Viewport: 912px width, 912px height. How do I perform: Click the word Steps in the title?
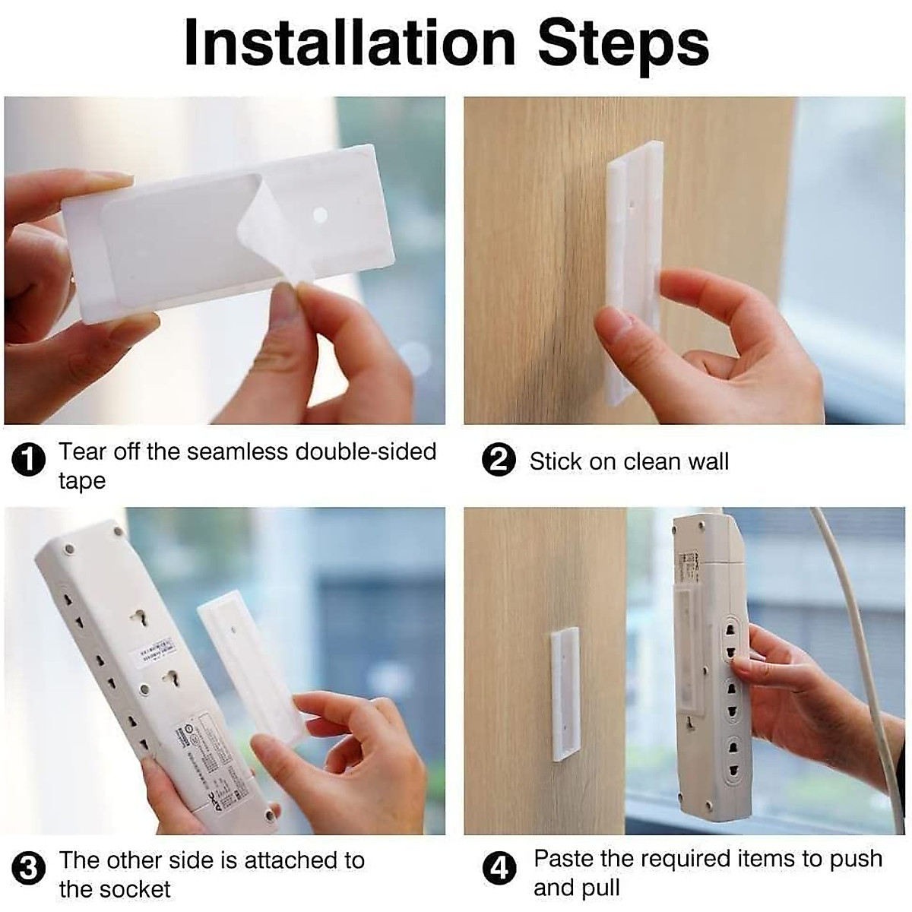(x=623, y=43)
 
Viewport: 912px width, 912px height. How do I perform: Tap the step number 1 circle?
(x=29, y=461)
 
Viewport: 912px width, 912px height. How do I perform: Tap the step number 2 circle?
(x=499, y=462)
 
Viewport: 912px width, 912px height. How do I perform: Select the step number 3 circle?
(x=29, y=869)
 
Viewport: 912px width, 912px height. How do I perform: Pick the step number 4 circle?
(x=499, y=869)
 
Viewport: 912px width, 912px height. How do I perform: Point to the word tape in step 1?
(x=82, y=481)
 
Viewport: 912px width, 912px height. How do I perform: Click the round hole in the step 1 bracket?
(x=320, y=216)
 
